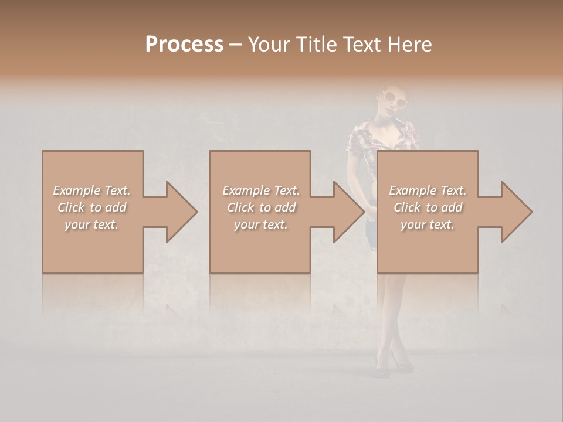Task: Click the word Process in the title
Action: [x=184, y=45]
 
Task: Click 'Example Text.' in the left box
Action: [x=91, y=190]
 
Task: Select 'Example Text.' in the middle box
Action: [x=261, y=190]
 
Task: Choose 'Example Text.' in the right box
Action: [x=428, y=190]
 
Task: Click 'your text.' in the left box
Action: [x=91, y=225]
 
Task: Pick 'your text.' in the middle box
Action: [x=261, y=225]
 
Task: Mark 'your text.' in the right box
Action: [x=428, y=225]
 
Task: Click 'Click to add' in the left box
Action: [x=91, y=207]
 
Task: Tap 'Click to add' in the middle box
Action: [x=261, y=207]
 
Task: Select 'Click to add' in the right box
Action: [x=428, y=207]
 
